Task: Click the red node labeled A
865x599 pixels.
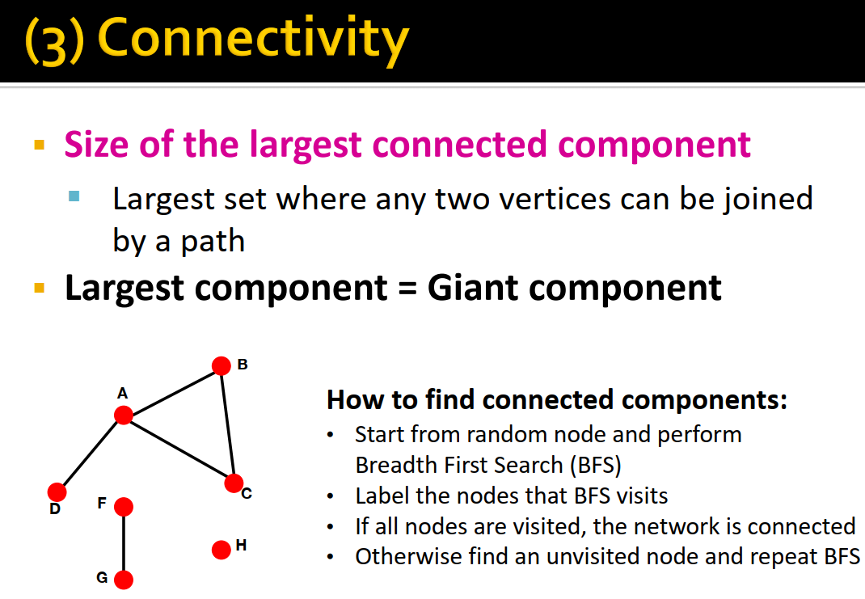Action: tap(123, 416)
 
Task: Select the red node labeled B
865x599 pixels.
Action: tap(221, 366)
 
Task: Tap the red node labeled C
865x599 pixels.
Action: tap(234, 483)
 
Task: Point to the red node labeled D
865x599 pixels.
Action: tap(57, 491)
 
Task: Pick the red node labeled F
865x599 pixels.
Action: tap(123, 507)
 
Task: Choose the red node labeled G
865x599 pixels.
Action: tap(123, 580)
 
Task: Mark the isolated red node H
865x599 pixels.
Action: tap(221, 550)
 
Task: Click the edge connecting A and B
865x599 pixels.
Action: tap(172, 390)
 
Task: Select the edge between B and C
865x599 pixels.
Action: tap(227, 425)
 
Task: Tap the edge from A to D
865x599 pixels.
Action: tap(90, 453)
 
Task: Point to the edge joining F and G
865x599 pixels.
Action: tap(123, 543)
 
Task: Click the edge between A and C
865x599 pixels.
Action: tap(178, 449)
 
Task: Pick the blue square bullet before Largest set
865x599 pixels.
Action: tap(75, 196)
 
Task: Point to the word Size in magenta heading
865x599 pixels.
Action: tap(96, 146)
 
